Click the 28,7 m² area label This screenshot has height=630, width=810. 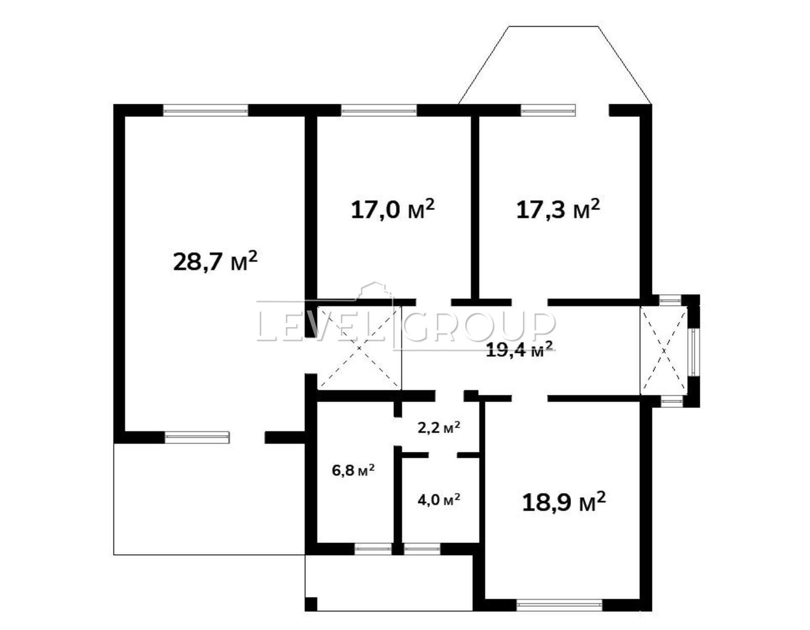point(215,261)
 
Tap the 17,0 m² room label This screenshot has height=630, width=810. point(392,209)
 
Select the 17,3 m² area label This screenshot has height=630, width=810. point(558,209)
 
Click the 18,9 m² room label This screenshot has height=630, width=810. point(564,502)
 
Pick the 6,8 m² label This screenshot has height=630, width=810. point(353,470)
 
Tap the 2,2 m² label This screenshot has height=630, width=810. point(439,427)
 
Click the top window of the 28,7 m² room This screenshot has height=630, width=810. point(206,110)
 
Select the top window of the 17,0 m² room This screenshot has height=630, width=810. point(379,110)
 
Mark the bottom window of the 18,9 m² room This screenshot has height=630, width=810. point(559,605)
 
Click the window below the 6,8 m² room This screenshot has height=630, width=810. point(373,549)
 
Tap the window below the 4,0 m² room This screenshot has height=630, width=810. point(422,549)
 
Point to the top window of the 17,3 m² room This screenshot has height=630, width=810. point(548,110)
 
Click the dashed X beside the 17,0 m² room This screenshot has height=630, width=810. point(359,348)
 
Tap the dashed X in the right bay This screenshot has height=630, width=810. point(664,351)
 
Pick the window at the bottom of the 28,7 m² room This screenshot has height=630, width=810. point(197,437)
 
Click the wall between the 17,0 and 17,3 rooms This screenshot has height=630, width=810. point(474,207)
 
